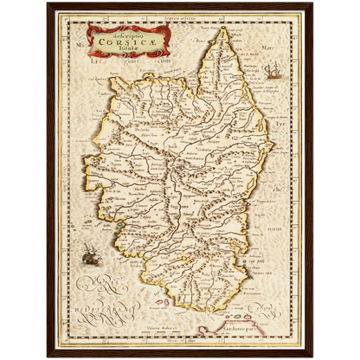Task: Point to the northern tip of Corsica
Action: (222, 29)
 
